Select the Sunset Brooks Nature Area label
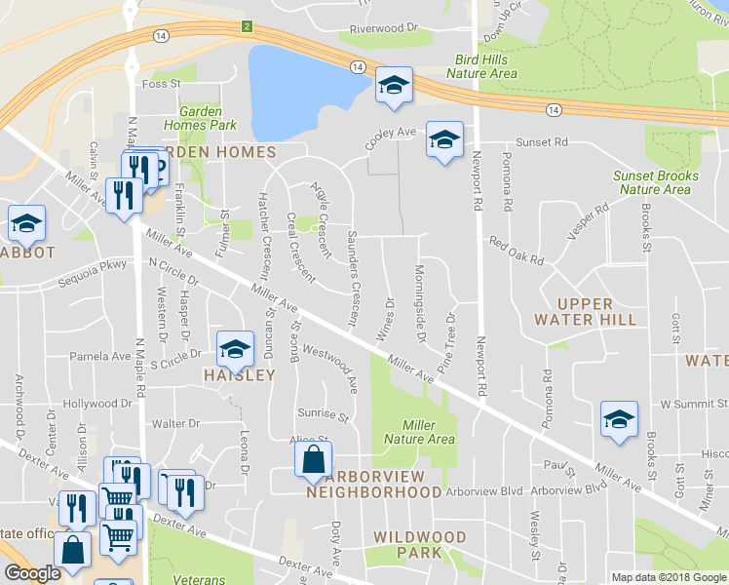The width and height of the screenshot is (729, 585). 655,182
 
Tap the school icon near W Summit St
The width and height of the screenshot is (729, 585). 618,418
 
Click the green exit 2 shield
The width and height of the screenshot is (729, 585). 248,26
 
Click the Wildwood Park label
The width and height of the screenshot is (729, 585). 420,545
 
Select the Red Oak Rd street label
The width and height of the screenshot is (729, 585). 516,251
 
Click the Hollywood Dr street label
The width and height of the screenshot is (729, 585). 96,404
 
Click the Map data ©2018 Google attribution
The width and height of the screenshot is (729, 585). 667,577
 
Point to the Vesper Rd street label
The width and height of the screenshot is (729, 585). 589,216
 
